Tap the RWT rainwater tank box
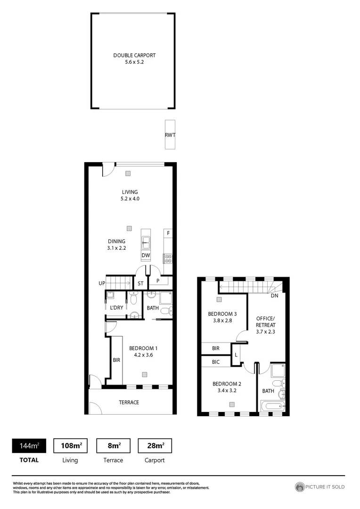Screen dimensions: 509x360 click(x=170, y=135)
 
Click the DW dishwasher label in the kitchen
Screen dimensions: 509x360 click(x=146, y=255)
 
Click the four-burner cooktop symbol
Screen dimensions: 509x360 click(x=167, y=258)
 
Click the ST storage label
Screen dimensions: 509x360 click(x=140, y=284)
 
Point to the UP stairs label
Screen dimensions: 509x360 click(x=102, y=283)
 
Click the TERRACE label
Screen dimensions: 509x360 click(x=129, y=402)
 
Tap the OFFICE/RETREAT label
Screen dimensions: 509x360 click(x=265, y=325)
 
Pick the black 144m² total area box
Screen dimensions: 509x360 click(x=29, y=445)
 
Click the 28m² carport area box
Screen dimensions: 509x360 click(x=155, y=445)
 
